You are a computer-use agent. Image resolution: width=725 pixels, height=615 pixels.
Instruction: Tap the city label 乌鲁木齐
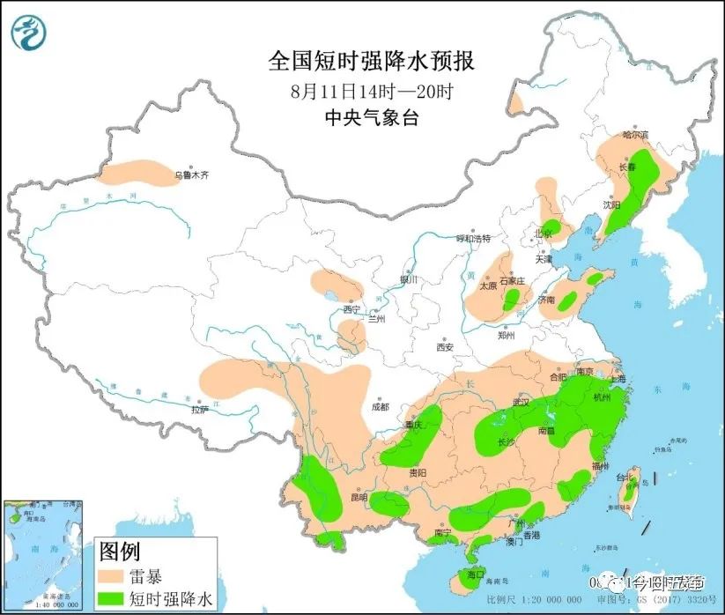tap(191, 176)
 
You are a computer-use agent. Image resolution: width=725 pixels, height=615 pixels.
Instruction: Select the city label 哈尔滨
tap(634, 136)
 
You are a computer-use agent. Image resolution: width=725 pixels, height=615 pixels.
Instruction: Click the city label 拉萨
tap(200, 409)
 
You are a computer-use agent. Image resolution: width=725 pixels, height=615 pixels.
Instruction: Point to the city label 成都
tap(380, 407)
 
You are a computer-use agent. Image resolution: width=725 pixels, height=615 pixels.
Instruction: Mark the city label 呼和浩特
tap(471, 239)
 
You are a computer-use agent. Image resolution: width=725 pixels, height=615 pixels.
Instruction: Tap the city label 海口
tap(476, 574)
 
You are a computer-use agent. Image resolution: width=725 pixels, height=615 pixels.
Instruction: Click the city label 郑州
tap(506, 335)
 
